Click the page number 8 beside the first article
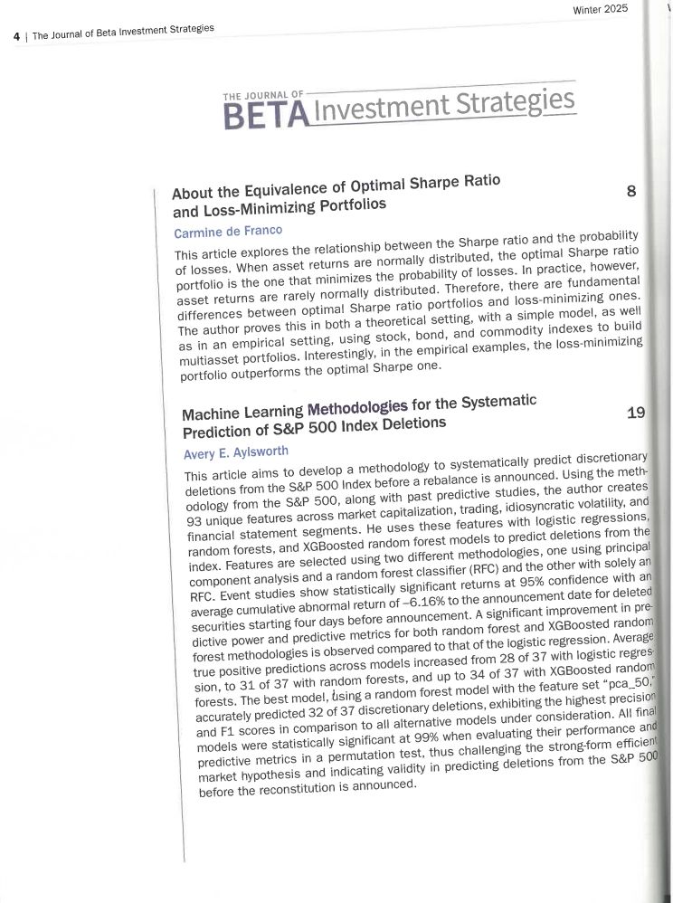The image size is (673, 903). [x=631, y=191]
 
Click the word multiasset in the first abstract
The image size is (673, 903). [x=213, y=340]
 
